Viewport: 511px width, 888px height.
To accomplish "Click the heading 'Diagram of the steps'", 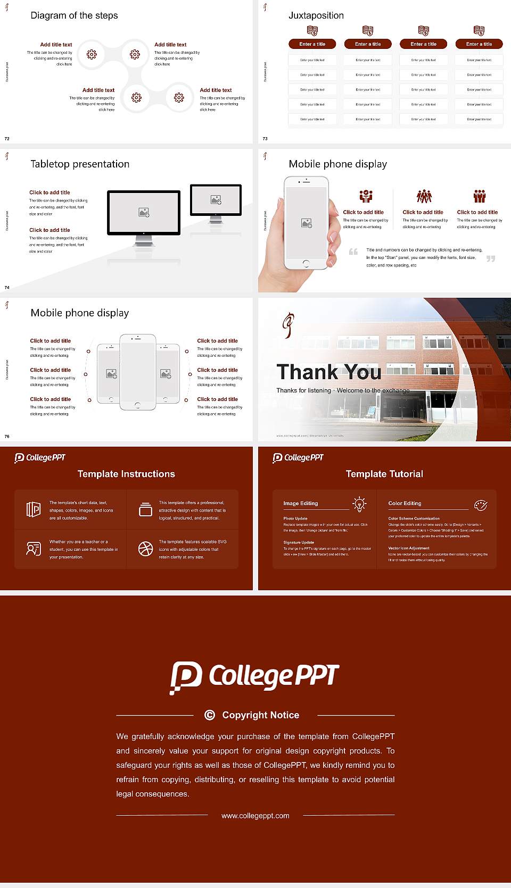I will point(74,15).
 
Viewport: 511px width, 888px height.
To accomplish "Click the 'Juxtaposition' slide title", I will point(316,15).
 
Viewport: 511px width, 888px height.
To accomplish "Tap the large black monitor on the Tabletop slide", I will point(144,213).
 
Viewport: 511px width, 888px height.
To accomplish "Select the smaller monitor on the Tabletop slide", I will point(216,200).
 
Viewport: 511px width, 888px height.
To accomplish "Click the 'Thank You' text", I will point(328,372).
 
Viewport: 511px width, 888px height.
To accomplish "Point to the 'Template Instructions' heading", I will point(126,474).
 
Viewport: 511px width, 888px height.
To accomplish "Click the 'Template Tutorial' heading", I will point(384,474).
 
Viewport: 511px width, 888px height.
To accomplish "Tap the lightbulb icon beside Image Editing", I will point(359,504).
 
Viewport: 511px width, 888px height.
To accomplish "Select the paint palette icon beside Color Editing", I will point(481,505).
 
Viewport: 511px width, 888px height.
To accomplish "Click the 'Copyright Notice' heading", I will point(260,715).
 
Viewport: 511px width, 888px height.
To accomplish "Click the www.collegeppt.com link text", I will point(256,816).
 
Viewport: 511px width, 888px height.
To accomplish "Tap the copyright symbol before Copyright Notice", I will point(210,715).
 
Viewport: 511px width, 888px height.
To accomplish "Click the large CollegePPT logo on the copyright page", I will point(254,677).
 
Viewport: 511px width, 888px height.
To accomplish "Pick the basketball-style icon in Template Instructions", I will point(145,549).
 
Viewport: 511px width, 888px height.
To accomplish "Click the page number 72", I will point(7,139).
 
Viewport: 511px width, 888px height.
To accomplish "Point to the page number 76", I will point(7,437).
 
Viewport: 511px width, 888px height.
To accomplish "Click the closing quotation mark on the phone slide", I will point(491,258).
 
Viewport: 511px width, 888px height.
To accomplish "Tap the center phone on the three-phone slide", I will point(137,372).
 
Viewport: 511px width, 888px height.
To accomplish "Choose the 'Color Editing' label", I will point(405,503).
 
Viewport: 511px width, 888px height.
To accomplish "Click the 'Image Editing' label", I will point(300,503).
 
